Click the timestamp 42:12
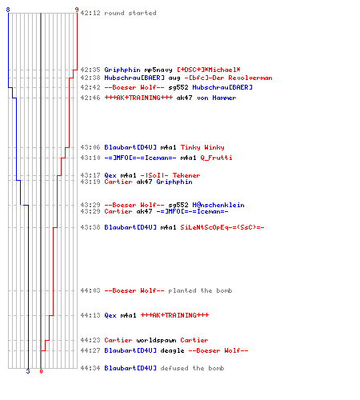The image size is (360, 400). click(x=90, y=13)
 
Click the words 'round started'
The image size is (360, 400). click(x=130, y=13)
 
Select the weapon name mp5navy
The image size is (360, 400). click(x=158, y=70)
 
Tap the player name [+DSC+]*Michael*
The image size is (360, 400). click(x=209, y=70)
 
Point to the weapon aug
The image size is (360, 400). click(x=174, y=78)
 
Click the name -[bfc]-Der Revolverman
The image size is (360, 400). click(x=229, y=78)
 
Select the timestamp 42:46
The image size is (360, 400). click(x=90, y=98)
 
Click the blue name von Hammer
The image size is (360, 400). click(x=217, y=98)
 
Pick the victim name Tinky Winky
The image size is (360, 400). click(x=202, y=147)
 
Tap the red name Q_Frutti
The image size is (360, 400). click(x=216, y=158)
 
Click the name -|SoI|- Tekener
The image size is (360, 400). click(x=170, y=175)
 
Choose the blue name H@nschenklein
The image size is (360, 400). click(x=218, y=205)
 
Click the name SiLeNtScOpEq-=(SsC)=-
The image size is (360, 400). click(x=222, y=227)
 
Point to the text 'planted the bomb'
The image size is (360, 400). click(x=200, y=290)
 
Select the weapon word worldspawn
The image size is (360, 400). click(x=156, y=340)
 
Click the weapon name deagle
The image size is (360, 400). click(x=172, y=350)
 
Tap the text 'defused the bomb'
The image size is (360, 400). click(x=192, y=368)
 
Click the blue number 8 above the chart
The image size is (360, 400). click(x=8, y=10)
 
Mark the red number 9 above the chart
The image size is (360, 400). click(x=77, y=10)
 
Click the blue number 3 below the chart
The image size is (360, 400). click(x=28, y=371)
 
